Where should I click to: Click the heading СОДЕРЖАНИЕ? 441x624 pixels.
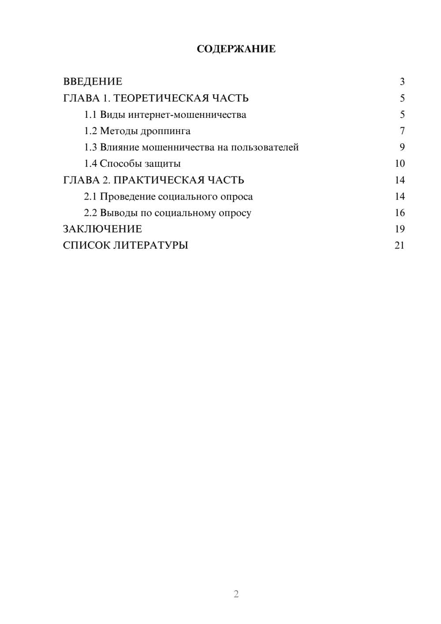(x=236, y=49)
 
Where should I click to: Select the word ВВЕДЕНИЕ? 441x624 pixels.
(x=93, y=82)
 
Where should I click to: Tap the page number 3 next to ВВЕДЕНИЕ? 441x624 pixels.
(x=402, y=82)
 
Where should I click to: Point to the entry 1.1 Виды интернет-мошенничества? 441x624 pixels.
(x=165, y=115)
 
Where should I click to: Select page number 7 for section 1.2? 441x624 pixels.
(x=402, y=131)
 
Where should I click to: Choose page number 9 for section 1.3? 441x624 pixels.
(x=402, y=147)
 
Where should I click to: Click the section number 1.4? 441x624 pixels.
(x=90, y=164)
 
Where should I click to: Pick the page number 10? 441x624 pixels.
(x=400, y=164)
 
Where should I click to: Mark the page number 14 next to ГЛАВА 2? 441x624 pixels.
(x=400, y=180)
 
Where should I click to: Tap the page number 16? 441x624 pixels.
(x=400, y=213)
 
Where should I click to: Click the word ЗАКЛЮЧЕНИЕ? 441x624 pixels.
(x=102, y=229)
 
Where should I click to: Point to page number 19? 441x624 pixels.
(x=400, y=229)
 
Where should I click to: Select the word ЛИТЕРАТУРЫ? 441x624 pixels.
(x=151, y=245)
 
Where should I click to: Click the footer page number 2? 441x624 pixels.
(x=236, y=594)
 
